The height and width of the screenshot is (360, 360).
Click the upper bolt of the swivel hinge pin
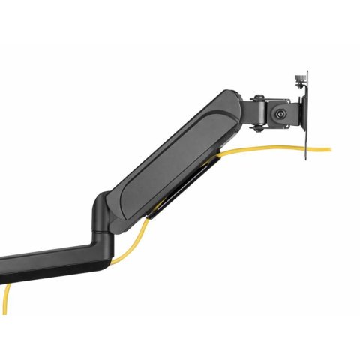coord(257,97)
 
